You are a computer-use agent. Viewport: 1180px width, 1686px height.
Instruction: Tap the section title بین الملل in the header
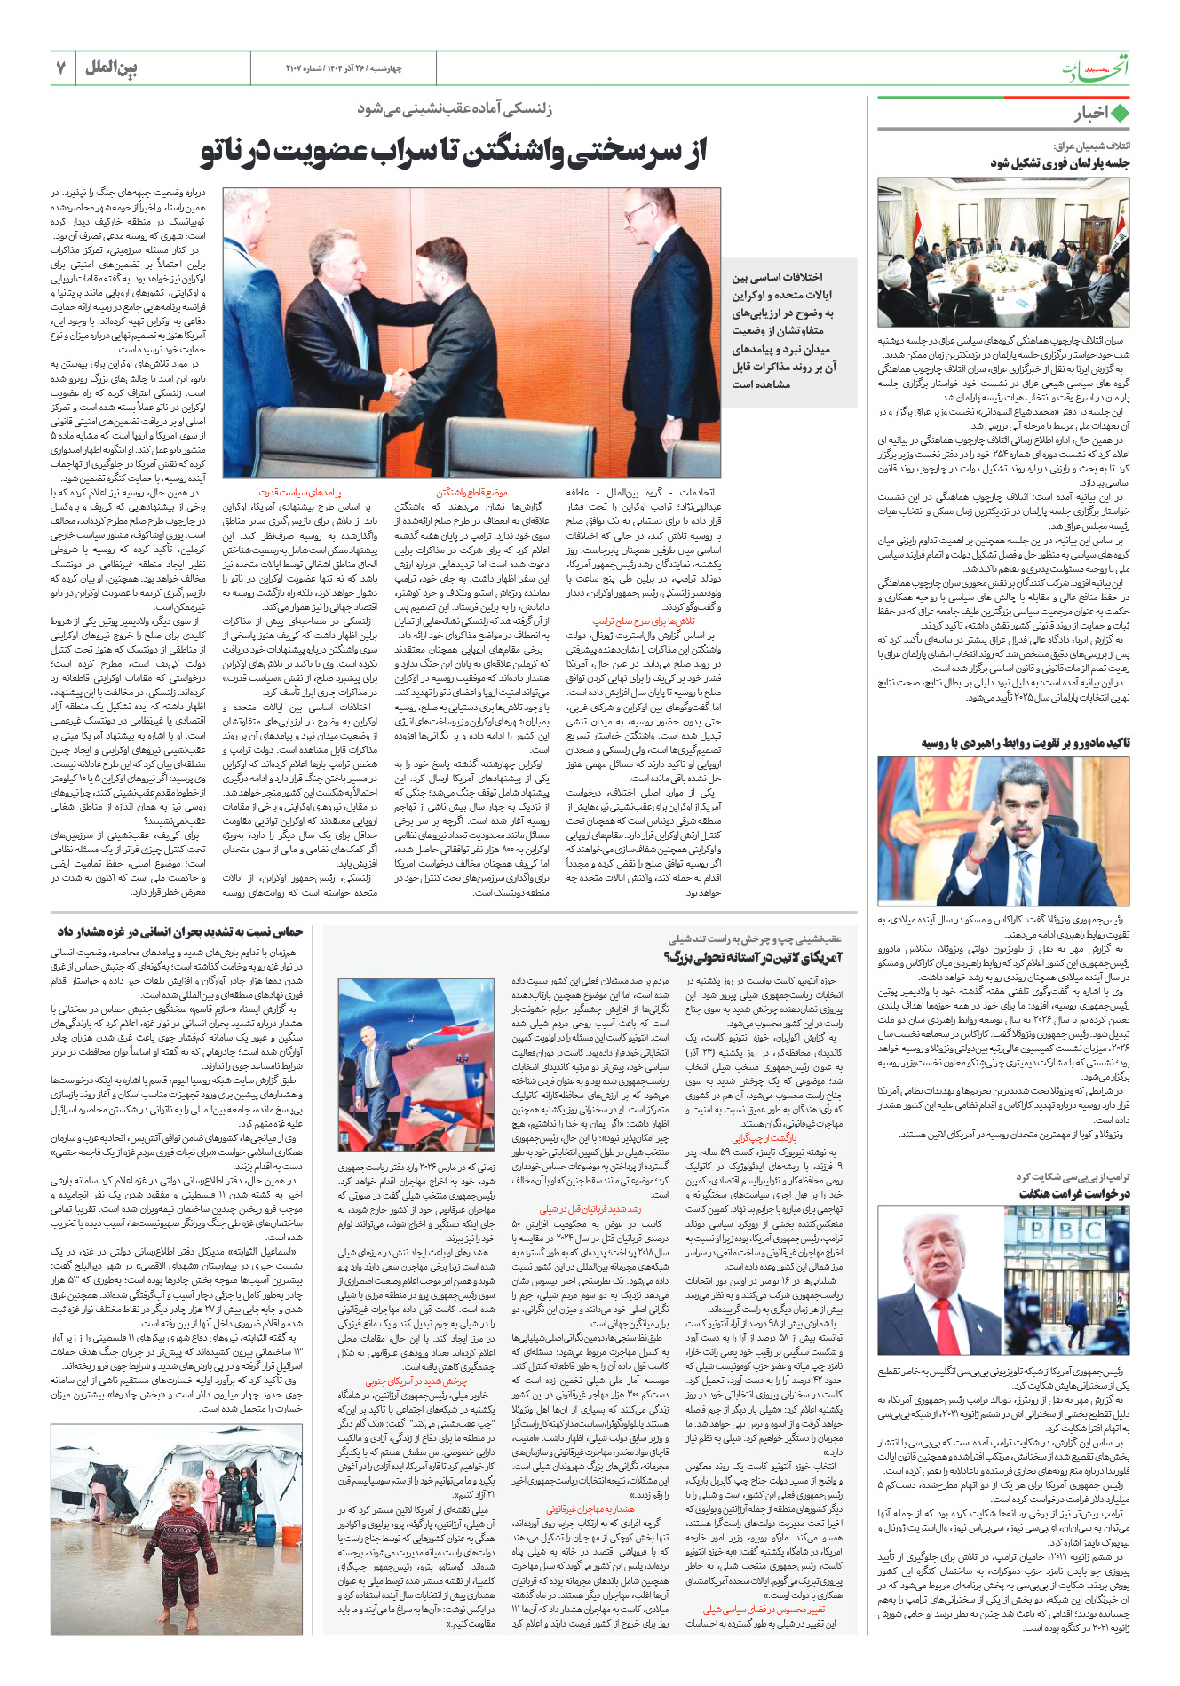pyautogui.click(x=111, y=67)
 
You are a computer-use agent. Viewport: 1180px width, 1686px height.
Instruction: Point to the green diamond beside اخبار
pyautogui.click(x=1120, y=114)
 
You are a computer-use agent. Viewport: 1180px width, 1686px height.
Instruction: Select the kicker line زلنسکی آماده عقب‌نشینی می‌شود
pyautogui.click(x=454, y=109)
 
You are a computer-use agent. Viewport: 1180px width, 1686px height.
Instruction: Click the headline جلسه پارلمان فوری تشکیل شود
pyautogui.click(x=1059, y=163)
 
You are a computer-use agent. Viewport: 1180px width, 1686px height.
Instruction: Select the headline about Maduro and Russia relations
pyautogui.click(x=1026, y=742)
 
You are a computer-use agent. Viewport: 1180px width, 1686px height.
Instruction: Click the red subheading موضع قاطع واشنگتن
pyautogui.click(x=471, y=492)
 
